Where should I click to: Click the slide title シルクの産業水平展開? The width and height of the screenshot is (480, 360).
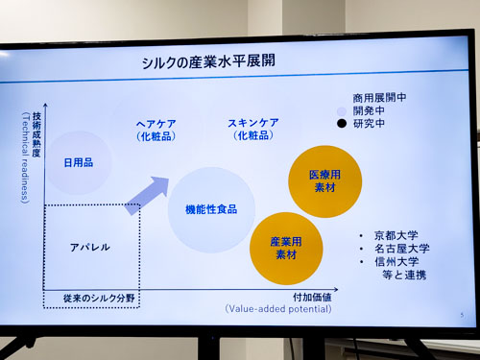pyautogui.click(x=208, y=61)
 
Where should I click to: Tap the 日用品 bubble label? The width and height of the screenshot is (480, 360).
pyautogui.click(x=79, y=162)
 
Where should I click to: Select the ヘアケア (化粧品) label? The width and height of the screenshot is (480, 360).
pyautogui.click(x=156, y=130)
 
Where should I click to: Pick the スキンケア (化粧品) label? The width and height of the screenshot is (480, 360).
pyautogui.click(x=253, y=129)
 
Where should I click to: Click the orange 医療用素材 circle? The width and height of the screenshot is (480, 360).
pyautogui.click(x=325, y=181)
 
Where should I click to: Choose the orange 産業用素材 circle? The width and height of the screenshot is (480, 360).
pyautogui.click(x=286, y=249)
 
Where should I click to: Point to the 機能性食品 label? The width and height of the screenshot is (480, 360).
pyautogui.click(x=211, y=209)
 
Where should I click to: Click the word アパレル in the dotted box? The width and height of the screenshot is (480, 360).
pyautogui.click(x=90, y=247)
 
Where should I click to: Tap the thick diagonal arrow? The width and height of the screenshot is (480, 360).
pyautogui.click(x=147, y=196)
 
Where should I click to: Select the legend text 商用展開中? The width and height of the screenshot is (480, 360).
pyautogui.click(x=379, y=97)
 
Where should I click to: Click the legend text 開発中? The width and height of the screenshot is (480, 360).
pyautogui.click(x=369, y=110)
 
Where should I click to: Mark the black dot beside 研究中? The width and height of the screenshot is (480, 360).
pyautogui.click(x=342, y=123)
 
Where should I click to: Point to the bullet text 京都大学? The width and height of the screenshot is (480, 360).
pyautogui.click(x=396, y=235)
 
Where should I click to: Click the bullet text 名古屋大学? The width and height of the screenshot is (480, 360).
pyautogui.click(x=402, y=249)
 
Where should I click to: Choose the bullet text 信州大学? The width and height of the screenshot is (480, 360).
pyautogui.click(x=396, y=261)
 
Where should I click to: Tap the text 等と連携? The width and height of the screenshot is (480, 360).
pyautogui.click(x=404, y=275)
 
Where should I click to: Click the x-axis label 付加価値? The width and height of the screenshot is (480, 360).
pyautogui.click(x=312, y=298)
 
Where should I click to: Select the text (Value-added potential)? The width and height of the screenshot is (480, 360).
pyautogui.click(x=278, y=309)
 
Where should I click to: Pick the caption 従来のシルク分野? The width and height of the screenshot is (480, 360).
pyautogui.click(x=99, y=299)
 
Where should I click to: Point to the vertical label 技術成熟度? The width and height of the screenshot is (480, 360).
pyautogui.click(x=36, y=134)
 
